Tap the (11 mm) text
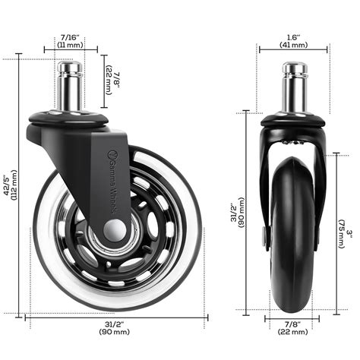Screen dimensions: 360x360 [69, 44]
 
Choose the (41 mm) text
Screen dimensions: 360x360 [294, 45]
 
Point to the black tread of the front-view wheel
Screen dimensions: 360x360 [293, 228]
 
